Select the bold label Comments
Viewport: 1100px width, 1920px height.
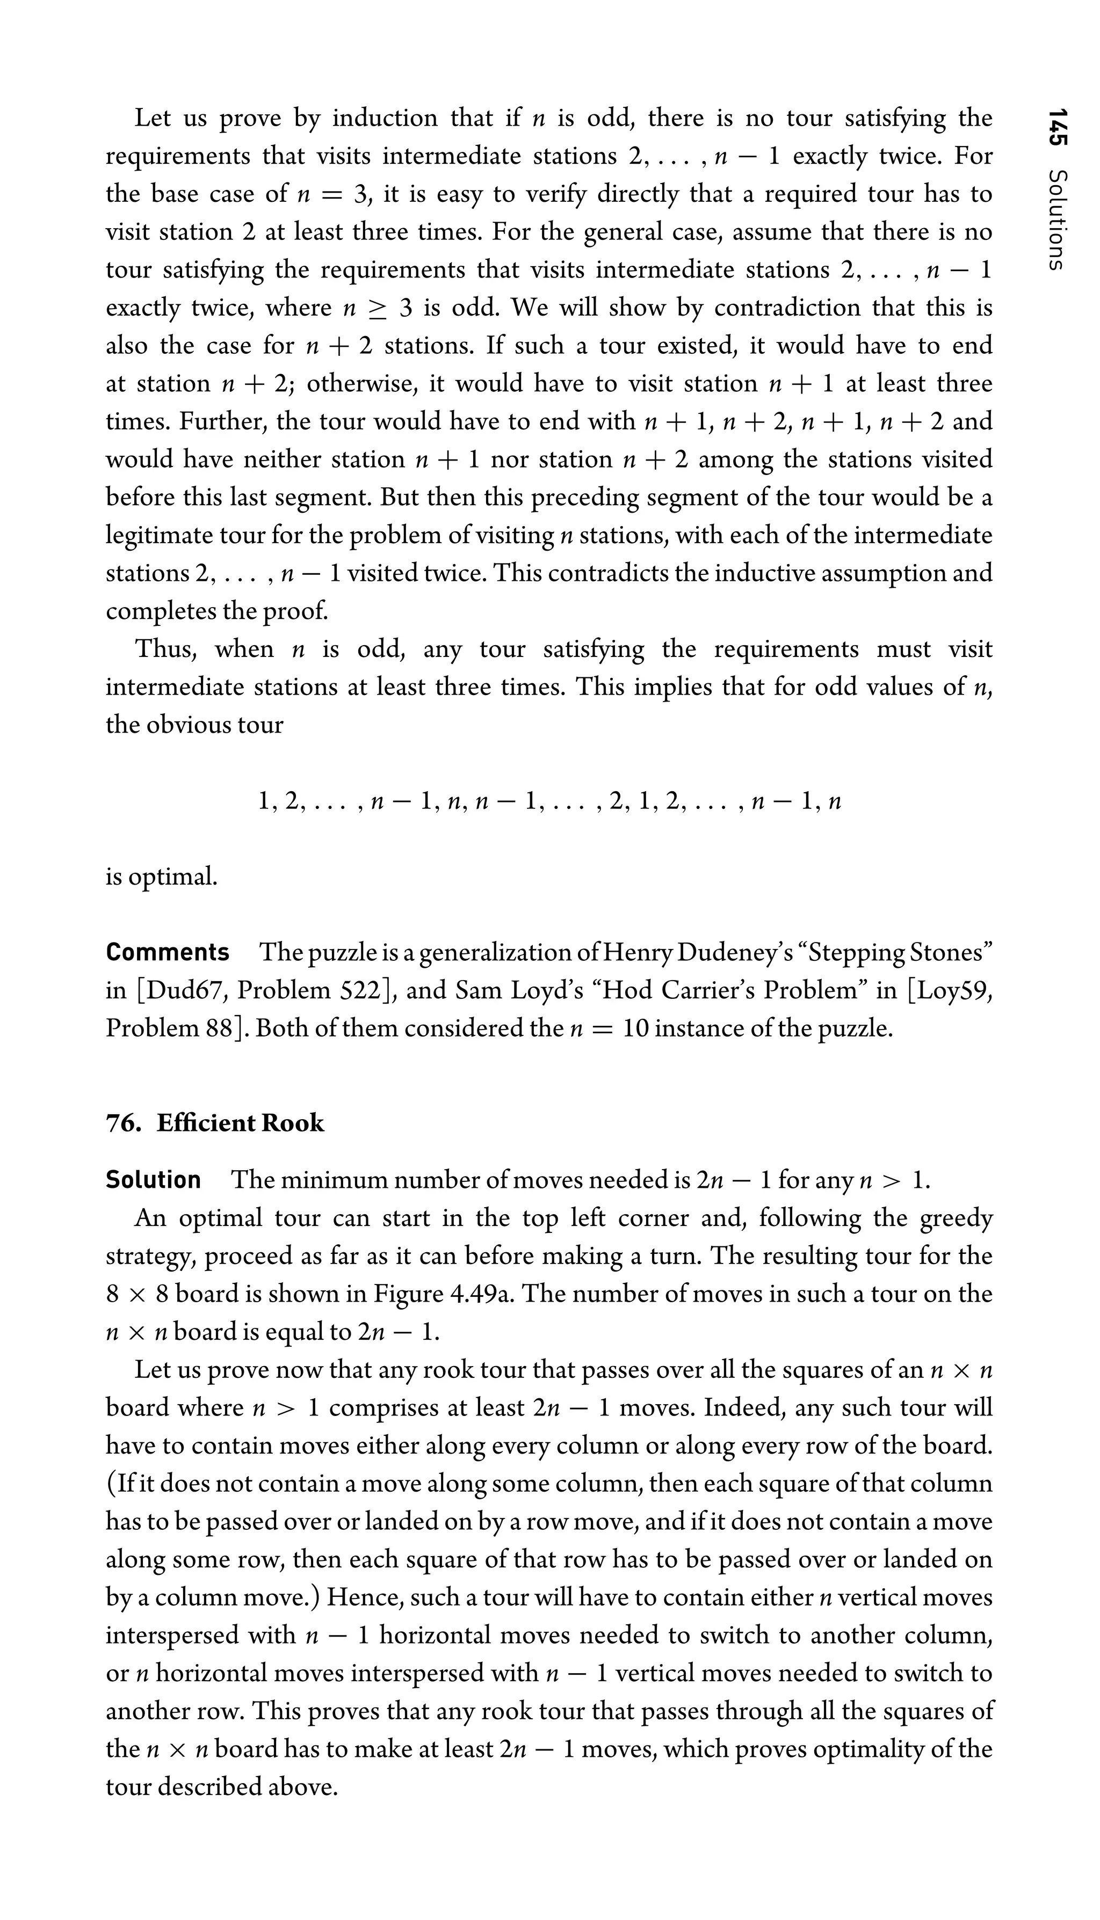[168, 952]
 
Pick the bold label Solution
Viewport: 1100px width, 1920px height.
[154, 1179]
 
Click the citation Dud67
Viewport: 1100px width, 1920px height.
[182, 990]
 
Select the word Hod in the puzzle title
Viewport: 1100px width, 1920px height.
[618, 990]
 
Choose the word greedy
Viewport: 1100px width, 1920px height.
[956, 1218]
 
